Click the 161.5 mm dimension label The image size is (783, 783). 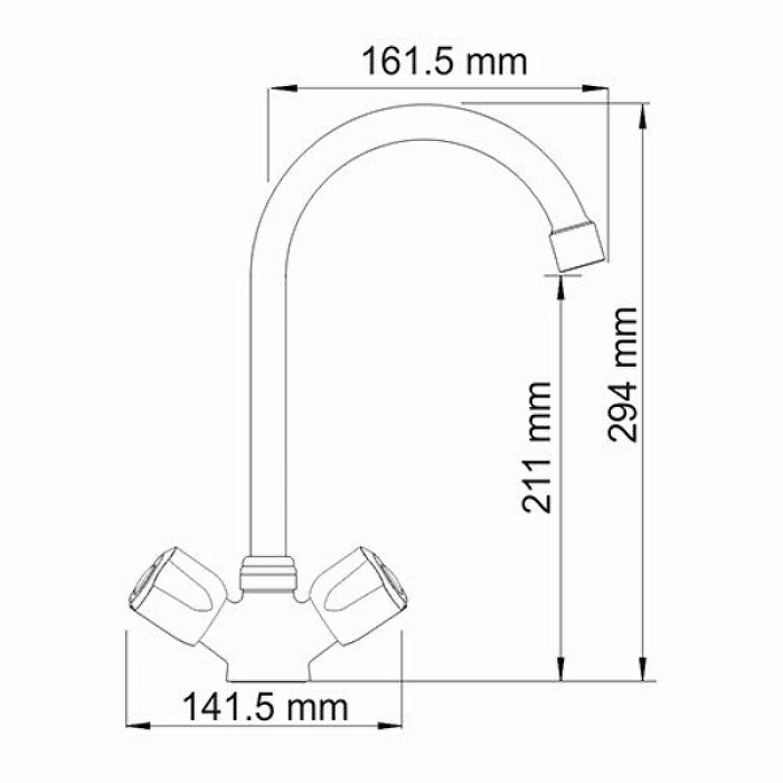(x=444, y=62)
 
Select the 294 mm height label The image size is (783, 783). (x=622, y=375)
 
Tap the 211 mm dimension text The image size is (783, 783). (x=536, y=447)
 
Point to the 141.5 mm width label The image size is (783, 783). (x=265, y=707)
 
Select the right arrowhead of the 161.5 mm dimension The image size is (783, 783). (x=596, y=89)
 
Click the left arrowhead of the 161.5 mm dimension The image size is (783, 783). (x=282, y=89)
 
